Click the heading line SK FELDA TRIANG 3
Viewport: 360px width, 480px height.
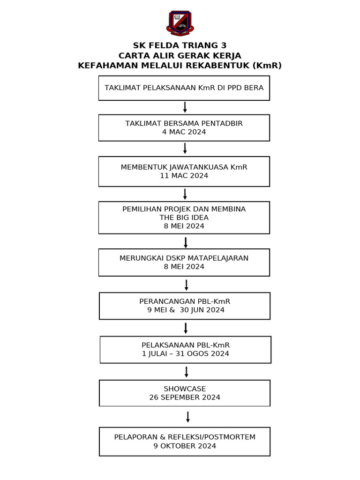[180, 45]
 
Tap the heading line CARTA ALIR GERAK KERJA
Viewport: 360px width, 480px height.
[180, 56]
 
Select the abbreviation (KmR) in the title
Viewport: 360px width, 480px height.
[267, 66]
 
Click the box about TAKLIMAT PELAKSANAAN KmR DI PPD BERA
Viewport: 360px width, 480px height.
[184, 88]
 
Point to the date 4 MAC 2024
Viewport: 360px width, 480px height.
[184, 132]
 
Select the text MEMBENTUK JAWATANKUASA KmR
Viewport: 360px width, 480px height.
[184, 167]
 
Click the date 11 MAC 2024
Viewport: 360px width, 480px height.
[184, 176]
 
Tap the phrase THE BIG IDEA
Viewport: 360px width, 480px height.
[184, 217]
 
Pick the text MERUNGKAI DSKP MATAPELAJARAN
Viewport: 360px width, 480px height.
[184, 258]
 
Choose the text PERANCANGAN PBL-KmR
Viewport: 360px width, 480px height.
[185, 301]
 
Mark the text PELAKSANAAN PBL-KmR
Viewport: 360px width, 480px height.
[186, 345]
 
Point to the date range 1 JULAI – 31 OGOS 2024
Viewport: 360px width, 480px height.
[186, 353]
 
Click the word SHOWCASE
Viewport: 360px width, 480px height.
[185, 389]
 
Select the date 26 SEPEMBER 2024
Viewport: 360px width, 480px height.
[185, 397]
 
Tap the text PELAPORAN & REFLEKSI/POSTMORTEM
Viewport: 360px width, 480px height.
[185, 437]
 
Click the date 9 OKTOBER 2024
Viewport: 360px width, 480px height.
[185, 446]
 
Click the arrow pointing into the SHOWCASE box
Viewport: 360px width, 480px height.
[187, 372]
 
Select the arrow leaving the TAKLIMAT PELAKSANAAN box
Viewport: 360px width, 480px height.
[185, 107]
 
